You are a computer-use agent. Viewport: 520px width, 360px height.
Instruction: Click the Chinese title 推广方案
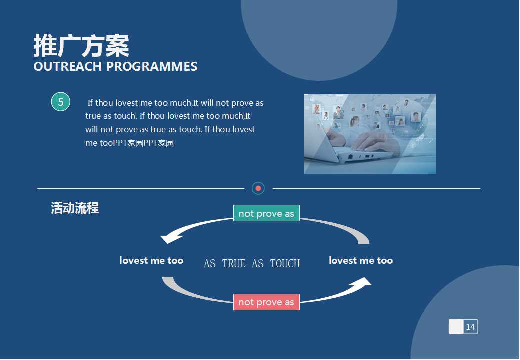click(x=81, y=46)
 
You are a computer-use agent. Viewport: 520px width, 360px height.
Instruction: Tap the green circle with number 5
click(x=61, y=102)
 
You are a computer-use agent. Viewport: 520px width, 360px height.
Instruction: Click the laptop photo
click(x=369, y=134)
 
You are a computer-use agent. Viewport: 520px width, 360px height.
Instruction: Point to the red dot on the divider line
click(x=258, y=188)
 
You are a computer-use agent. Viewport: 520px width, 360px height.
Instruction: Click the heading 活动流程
click(x=75, y=208)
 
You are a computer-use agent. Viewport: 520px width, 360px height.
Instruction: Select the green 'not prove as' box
click(x=266, y=213)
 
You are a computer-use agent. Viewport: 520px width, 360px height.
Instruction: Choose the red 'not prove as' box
click(x=266, y=302)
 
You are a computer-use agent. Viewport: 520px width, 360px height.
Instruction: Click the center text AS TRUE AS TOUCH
click(x=252, y=263)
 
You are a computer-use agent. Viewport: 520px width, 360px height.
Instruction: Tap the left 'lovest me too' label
click(x=151, y=260)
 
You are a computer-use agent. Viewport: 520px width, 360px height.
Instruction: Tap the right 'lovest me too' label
click(x=361, y=260)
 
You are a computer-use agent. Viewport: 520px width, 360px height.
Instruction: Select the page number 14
click(x=470, y=327)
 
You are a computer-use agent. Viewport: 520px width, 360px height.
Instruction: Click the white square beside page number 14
click(x=456, y=327)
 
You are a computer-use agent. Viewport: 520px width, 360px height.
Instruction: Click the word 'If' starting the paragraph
click(x=90, y=103)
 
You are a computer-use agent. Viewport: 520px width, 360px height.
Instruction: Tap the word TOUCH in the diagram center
click(x=285, y=263)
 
